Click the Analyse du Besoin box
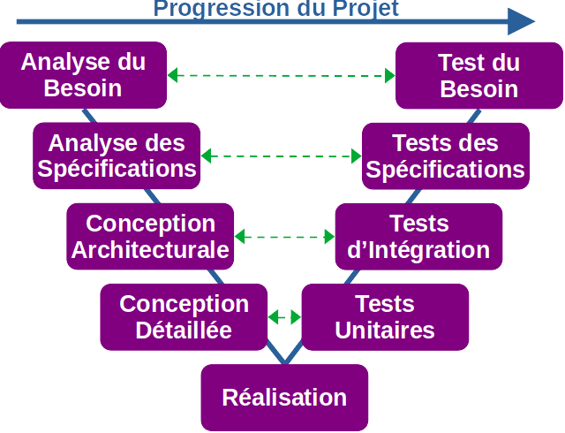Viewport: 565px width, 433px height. pos(83,75)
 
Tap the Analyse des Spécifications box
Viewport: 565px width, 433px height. pos(117,156)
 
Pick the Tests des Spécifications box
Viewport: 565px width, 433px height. pos(445,156)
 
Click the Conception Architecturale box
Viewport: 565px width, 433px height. pos(150,236)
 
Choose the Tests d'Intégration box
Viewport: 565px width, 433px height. pos(418,236)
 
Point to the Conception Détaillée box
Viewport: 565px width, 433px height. pos(184,316)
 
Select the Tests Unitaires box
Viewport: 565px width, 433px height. pos(385,316)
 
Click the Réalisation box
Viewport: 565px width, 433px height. pos(284,397)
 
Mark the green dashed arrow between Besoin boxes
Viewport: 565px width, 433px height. pos(282,75)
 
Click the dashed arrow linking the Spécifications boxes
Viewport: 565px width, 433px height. pos(282,156)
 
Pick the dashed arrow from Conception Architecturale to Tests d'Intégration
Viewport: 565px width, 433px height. pos(284,237)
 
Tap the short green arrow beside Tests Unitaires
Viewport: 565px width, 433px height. pos(284,315)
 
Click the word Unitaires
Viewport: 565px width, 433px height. pos(385,330)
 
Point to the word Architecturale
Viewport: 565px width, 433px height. pos(150,250)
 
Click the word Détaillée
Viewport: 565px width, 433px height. pos(184,330)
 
